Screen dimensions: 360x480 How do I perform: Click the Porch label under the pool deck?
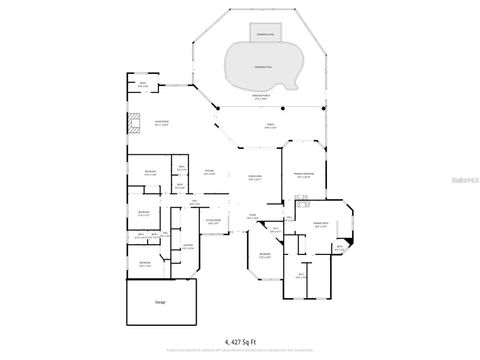point(269,127)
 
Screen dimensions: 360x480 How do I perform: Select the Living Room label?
point(160,122)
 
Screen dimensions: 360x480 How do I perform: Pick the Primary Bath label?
point(321,225)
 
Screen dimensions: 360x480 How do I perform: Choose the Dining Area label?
point(254,178)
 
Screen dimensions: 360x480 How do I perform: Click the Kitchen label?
point(210,173)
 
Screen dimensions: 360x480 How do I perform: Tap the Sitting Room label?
point(212,221)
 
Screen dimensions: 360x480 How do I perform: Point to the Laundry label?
point(187,247)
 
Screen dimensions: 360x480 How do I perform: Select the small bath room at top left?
point(143,86)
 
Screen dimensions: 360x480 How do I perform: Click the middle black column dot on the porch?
point(283,108)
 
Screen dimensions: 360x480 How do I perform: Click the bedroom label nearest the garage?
point(145,264)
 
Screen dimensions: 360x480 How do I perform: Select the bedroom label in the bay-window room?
point(264,256)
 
